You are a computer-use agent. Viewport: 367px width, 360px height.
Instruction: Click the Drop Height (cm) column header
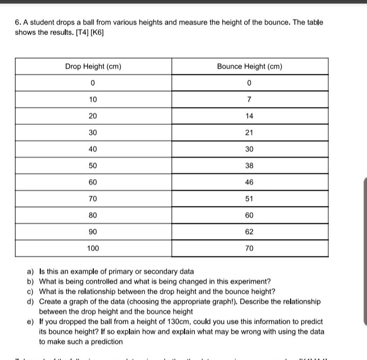93,67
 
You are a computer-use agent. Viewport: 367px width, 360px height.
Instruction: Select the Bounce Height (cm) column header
249,67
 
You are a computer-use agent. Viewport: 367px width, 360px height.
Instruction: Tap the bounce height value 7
249,99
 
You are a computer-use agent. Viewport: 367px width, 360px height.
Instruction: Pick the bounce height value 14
249,116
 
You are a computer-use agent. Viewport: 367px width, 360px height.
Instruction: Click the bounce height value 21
249,133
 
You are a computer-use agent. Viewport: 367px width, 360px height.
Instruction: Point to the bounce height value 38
249,166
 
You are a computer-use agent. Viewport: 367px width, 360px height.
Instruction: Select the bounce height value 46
249,182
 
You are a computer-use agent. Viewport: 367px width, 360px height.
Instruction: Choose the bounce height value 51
249,199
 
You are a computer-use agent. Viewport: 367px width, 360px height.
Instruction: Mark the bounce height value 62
249,232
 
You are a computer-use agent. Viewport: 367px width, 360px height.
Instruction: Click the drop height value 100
93,248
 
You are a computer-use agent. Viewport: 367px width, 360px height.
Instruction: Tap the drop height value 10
93,99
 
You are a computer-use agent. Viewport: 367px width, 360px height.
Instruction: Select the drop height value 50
93,166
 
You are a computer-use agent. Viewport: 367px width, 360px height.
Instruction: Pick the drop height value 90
93,232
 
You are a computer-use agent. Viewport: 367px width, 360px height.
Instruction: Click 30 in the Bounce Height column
249,149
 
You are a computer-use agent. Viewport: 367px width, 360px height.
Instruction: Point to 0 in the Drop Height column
93,83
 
